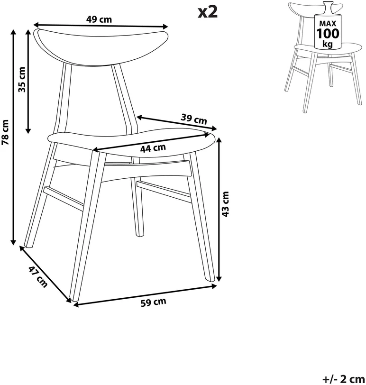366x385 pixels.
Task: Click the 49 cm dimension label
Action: tap(99, 19)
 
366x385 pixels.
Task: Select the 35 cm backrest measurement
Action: tap(22, 79)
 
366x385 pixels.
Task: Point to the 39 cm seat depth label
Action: tap(194, 119)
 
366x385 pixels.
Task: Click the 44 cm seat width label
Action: tap(153, 148)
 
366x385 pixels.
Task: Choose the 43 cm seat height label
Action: tap(225, 204)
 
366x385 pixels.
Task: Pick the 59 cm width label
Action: tap(154, 302)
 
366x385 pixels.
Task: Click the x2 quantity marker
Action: tap(208, 12)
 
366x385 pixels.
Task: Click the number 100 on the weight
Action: tap(328, 33)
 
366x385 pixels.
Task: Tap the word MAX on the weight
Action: tap(328, 24)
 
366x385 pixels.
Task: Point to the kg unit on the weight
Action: tap(328, 44)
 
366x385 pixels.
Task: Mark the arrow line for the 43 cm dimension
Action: tap(220, 209)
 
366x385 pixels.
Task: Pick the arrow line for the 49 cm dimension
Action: tap(101, 26)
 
